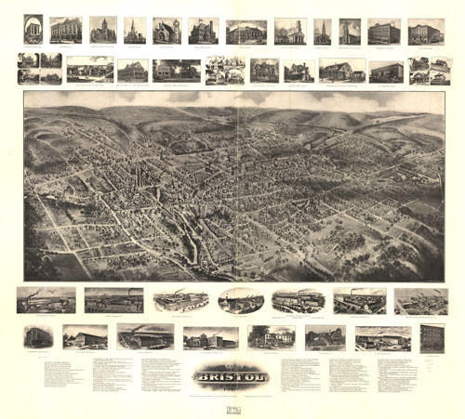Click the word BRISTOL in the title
click(x=232, y=377)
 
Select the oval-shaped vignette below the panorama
click(x=241, y=300)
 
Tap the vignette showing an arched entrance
click(x=33, y=30)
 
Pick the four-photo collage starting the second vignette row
click(x=39, y=69)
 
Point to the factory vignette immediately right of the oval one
click(x=298, y=300)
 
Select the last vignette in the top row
click(x=426, y=32)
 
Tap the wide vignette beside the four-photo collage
click(x=90, y=70)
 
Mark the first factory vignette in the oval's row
click(x=46, y=300)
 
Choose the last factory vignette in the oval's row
click(x=420, y=300)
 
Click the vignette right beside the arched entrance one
click(x=66, y=31)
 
